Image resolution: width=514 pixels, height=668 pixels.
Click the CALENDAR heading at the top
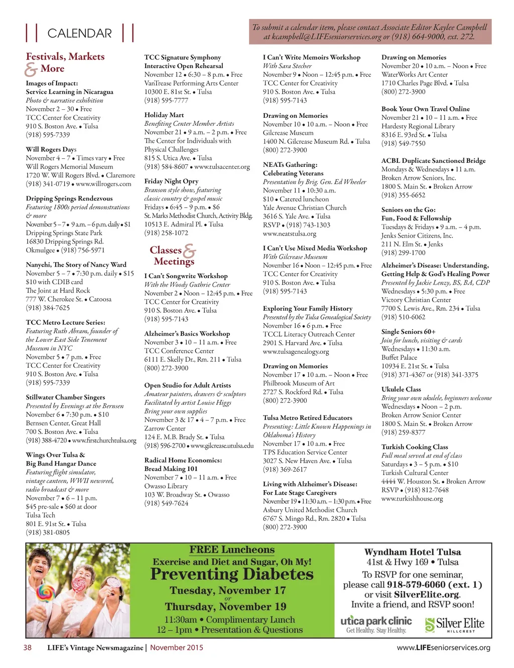(x=79, y=34)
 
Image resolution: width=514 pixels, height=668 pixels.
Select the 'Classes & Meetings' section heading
(x=172, y=256)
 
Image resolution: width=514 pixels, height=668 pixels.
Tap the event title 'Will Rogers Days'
(x=51, y=149)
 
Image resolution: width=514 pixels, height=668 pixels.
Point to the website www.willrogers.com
(x=103, y=184)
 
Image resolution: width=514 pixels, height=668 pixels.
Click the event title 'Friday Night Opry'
(x=171, y=181)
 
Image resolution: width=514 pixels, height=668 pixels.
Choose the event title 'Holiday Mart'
(x=164, y=115)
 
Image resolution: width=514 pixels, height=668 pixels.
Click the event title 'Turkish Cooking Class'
(x=415, y=447)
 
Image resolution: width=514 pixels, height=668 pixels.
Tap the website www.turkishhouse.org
(x=412, y=499)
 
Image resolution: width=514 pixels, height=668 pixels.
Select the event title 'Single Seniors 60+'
(x=408, y=332)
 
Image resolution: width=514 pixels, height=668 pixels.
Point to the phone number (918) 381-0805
(x=48, y=533)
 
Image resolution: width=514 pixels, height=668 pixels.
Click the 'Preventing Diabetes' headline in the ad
(x=232, y=574)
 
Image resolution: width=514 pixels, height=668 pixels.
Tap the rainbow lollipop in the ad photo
(x=45, y=593)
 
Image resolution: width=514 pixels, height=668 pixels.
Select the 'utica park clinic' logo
(x=376, y=623)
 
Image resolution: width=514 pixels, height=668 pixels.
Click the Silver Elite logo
(x=455, y=624)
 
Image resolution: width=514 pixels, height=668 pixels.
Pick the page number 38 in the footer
(x=28, y=647)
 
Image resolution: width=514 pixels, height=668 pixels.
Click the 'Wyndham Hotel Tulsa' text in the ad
(x=413, y=552)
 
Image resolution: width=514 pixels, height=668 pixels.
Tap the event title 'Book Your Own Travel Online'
(x=426, y=109)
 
